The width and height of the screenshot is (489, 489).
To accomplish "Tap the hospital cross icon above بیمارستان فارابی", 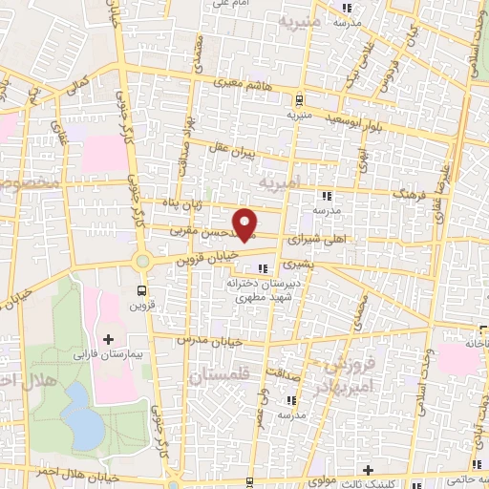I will [x=107, y=339].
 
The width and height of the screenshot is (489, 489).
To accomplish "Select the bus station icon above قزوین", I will [x=142, y=290].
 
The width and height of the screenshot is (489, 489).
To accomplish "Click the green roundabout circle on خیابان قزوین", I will [x=142, y=261].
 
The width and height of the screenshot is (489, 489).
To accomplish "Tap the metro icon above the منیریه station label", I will [x=299, y=99].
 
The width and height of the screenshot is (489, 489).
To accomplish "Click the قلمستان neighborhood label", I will [x=218, y=378].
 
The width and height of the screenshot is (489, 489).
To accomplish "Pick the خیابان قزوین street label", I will [x=202, y=256].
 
